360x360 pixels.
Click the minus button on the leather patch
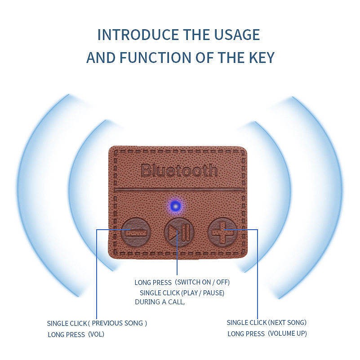pyautogui.click(x=136, y=232)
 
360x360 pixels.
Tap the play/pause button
pyautogui.click(x=179, y=232)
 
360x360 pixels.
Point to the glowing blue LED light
pyautogui.click(x=175, y=206)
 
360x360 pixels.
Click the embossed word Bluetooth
pyautogui.click(x=179, y=170)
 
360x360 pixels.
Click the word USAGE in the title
pyautogui.click(x=237, y=35)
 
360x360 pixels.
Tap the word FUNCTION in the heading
pyautogui.click(x=155, y=58)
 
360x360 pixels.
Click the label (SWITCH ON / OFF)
pyautogui.click(x=202, y=282)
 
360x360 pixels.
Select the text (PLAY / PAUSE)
pyautogui.click(x=203, y=293)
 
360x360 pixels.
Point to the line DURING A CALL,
pyautogui.click(x=160, y=302)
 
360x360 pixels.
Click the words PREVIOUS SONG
pyautogui.click(x=118, y=323)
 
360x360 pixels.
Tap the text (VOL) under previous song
pyautogui.click(x=96, y=334)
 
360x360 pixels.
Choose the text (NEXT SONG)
pyautogui.click(x=287, y=322)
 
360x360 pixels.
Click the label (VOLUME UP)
pyautogui.click(x=288, y=333)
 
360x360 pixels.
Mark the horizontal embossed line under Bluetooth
pyautogui.click(x=179, y=190)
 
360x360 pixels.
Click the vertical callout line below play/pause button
pyautogui.click(x=177, y=252)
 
